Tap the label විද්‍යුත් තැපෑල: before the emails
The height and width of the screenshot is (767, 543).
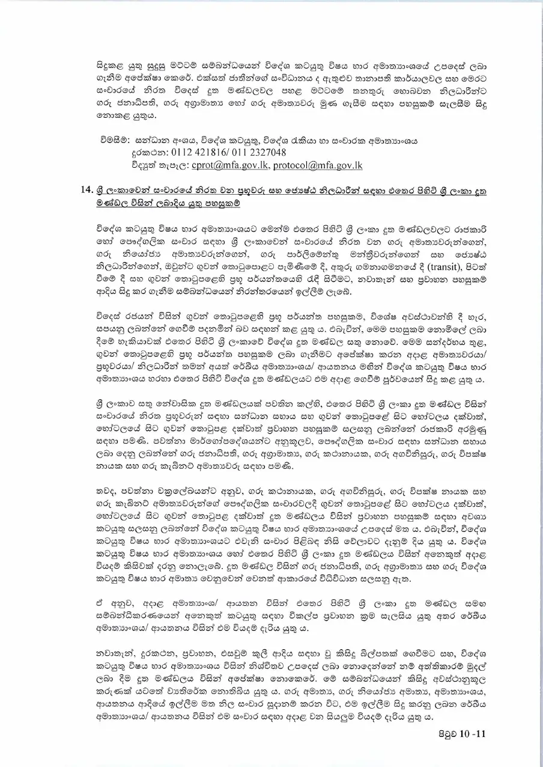point(160,165)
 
